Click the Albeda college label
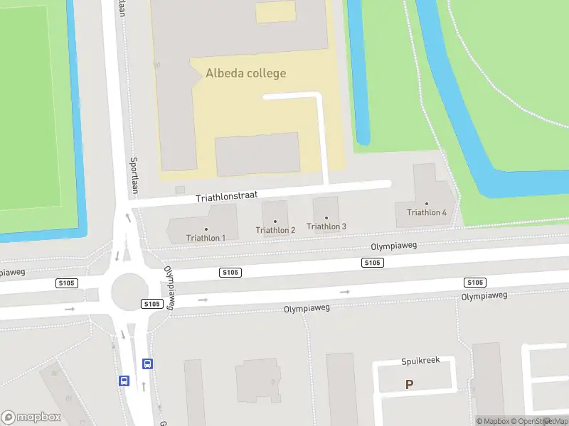[x=245, y=73]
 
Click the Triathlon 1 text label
[x=206, y=238]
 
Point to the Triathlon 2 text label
[x=275, y=230]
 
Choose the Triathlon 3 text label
[x=326, y=226]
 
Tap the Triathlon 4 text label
[x=427, y=212]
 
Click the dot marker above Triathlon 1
[x=206, y=229]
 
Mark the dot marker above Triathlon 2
[x=275, y=221]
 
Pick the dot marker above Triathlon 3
[x=326, y=218]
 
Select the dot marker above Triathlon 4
[x=427, y=204]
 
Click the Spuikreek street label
[x=420, y=361]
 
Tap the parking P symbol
[x=409, y=385]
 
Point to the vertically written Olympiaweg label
[x=169, y=288]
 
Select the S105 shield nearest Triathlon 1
[x=230, y=273]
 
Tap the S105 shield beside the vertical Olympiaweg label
[x=151, y=304]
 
